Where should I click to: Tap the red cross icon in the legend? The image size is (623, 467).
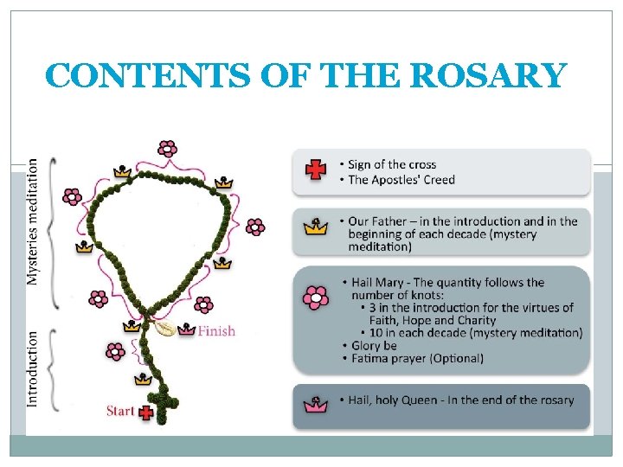click(x=316, y=171)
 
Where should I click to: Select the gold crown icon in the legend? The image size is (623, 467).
click(x=316, y=229)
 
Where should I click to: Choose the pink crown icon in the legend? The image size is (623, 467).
click(x=316, y=404)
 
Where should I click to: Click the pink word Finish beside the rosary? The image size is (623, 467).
click(x=215, y=330)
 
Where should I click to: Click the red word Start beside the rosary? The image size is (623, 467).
click(x=120, y=411)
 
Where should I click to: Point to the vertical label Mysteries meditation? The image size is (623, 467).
click(x=33, y=221)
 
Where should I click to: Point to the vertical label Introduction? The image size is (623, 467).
click(x=33, y=369)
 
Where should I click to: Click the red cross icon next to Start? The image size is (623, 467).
click(x=145, y=413)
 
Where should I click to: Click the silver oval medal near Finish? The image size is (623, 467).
click(x=162, y=329)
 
